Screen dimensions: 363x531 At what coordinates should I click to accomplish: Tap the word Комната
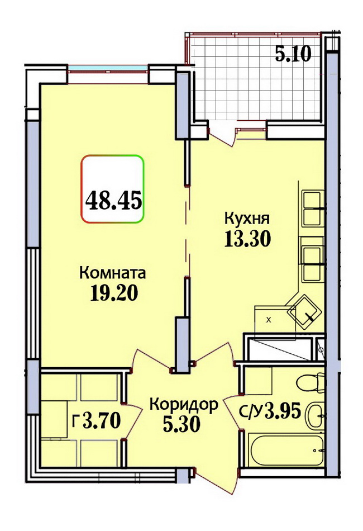(x=112, y=273)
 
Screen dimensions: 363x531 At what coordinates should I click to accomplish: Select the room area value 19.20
(x=114, y=293)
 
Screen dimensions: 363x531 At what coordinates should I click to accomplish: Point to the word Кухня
(x=247, y=218)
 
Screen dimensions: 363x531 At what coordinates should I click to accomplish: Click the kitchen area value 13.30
(x=247, y=239)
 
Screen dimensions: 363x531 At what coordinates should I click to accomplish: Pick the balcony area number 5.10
(x=293, y=54)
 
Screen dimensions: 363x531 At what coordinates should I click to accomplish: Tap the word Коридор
(x=184, y=405)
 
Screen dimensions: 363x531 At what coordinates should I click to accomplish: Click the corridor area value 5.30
(x=181, y=424)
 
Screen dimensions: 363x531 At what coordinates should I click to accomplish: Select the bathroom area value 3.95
(x=283, y=411)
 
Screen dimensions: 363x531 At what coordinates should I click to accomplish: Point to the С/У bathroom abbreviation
(x=251, y=412)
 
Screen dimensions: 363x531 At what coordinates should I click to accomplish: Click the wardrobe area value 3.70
(x=102, y=421)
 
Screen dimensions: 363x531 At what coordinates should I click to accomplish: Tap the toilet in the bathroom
(x=309, y=383)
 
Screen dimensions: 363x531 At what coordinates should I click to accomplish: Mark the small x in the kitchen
(x=269, y=320)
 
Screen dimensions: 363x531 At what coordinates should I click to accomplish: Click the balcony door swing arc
(x=220, y=139)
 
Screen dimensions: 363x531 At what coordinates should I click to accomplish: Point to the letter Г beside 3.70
(x=75, y=421)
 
